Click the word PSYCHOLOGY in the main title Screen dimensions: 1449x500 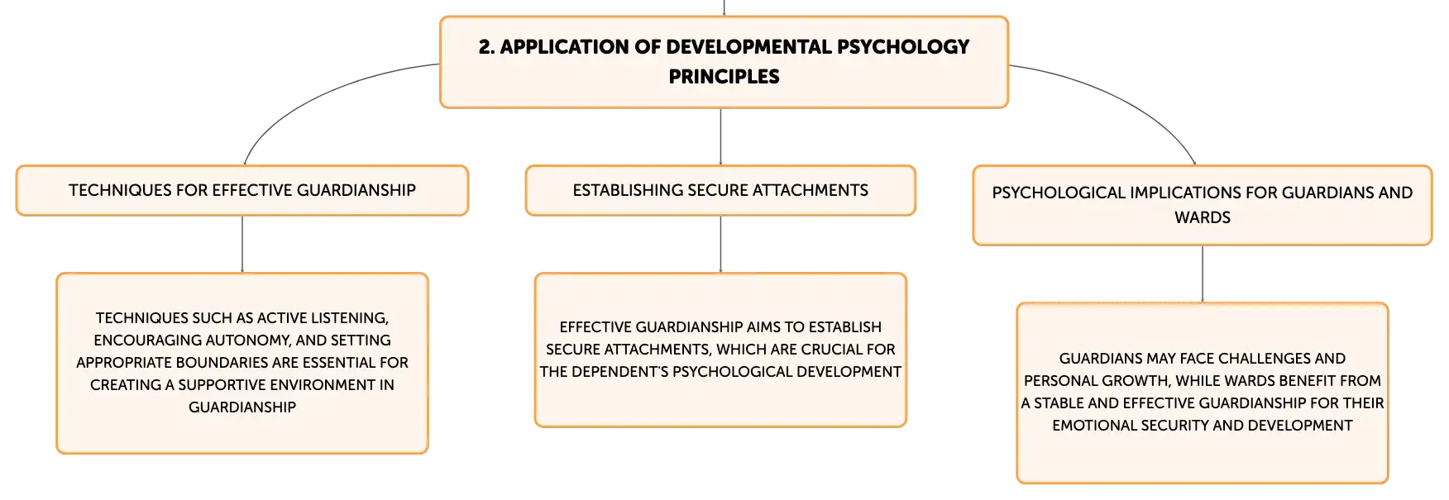(x=903, y=47)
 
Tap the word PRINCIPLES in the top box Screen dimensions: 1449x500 (x=724, y=77)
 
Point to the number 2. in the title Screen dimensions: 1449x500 (x=486, y=47)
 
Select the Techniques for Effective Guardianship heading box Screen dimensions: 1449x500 (x=242, y=191)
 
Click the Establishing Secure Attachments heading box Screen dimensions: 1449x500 (x=720, y=191)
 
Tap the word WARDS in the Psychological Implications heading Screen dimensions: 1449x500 (x=1203, y=218)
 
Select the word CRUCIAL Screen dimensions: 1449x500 (x=834, y=350)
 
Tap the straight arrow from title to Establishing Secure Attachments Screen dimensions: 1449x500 (x=720, y=137)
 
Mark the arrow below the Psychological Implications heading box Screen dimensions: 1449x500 (x=1203, y=274)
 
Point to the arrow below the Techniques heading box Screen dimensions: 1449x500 (x=242, y=245)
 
